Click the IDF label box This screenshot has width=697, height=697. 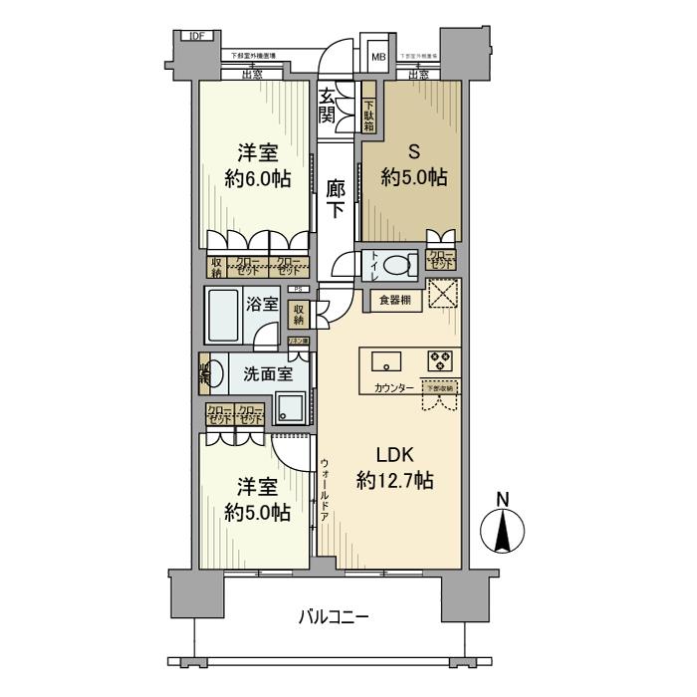point(195,38)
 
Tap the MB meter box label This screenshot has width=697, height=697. point(378,57)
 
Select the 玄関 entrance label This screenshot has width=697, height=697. point(328,107)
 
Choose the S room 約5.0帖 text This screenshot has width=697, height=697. point(413,178)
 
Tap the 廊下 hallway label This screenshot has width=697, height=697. point(336,198)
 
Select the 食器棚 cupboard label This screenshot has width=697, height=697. point(392,300)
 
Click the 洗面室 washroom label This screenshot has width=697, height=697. point(266,374)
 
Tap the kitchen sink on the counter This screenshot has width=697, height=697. point(387,360)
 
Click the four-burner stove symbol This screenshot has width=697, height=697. point(439,360)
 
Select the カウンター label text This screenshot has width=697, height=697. point(395,387)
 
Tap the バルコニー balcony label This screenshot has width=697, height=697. point(335,618)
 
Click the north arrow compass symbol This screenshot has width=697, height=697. point(503,527)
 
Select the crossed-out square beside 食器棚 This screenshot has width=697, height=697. point(441,297)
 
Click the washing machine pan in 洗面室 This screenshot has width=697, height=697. point(292,405)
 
